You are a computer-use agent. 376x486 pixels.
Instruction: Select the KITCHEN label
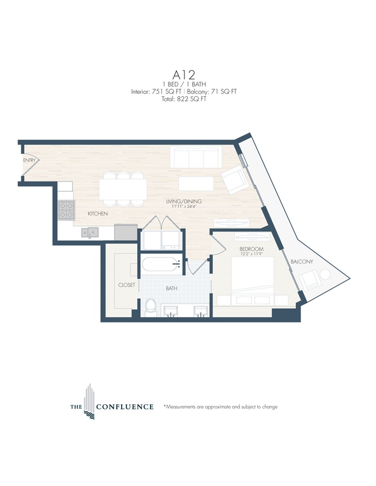pos(97,214)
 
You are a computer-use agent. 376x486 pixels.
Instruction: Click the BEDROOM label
pos(251,249)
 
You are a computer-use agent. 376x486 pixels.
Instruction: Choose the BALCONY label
pos(302,261)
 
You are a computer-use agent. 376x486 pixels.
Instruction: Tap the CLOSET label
pos(126,284)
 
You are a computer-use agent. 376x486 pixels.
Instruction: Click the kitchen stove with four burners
pos(66,209)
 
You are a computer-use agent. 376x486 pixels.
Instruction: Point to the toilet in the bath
pos(151,307)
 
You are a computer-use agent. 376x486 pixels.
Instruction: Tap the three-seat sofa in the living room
pos(195,156)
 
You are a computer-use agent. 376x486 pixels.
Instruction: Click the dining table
pos(122,188)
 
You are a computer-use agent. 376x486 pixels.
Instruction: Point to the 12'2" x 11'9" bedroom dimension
pos(251,255)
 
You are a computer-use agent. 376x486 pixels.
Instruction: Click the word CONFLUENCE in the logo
pos(125,407)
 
